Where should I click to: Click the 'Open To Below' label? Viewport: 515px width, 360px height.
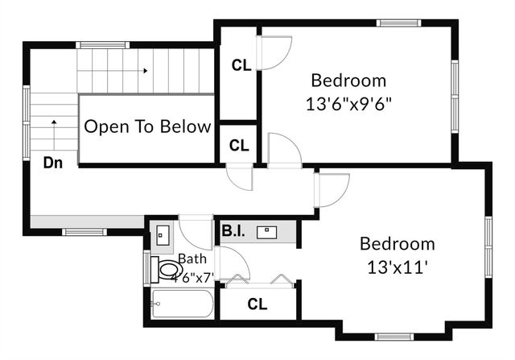coord(148,126)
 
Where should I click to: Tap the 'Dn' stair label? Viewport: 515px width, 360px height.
coord(53,163)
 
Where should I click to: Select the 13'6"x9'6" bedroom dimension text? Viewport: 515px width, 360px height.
coord(349,104)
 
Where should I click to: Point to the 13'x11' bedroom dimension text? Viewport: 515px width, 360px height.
coord(397,267)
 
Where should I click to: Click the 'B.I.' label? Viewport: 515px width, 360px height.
coord(233,232)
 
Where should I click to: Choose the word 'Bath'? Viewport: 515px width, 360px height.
coord(192,259)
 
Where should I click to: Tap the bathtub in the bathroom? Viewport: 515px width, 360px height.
coord(182,305)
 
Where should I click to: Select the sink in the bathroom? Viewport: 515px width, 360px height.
coord(163,234)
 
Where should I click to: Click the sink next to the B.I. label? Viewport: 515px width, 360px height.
coord(266,233)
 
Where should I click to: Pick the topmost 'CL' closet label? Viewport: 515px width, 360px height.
coord(241,65)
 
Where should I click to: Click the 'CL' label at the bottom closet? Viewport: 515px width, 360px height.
coord(257,304)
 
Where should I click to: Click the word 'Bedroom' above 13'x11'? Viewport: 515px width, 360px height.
coord(397,244)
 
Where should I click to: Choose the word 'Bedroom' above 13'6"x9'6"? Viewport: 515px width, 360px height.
coord(348,81)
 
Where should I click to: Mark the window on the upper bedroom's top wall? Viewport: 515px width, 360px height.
coord(400,23)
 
